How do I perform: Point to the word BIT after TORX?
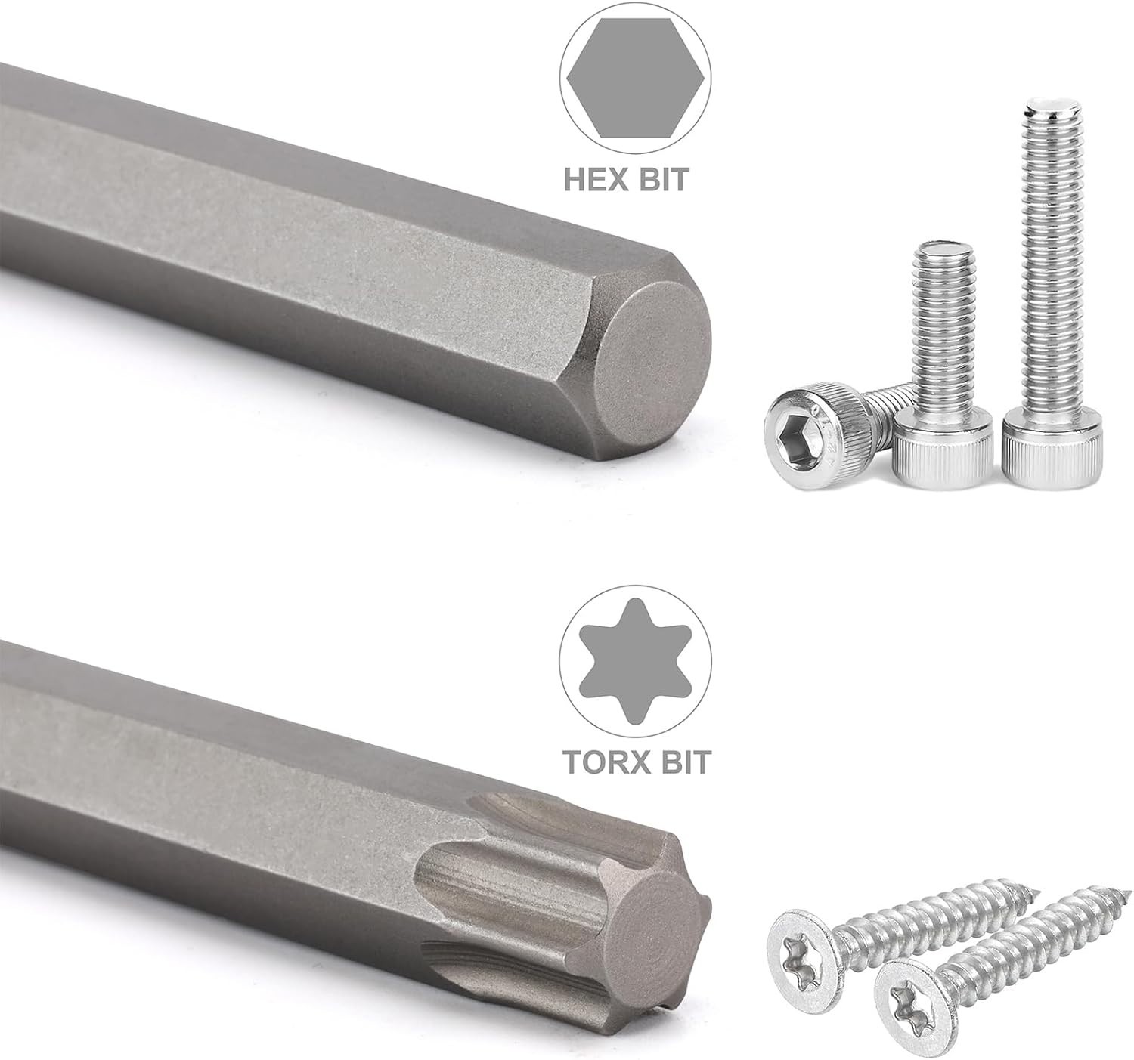[682, 762]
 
